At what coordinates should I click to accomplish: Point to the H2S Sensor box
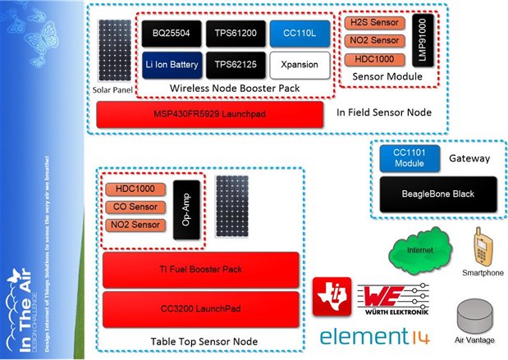click(373, 22)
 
